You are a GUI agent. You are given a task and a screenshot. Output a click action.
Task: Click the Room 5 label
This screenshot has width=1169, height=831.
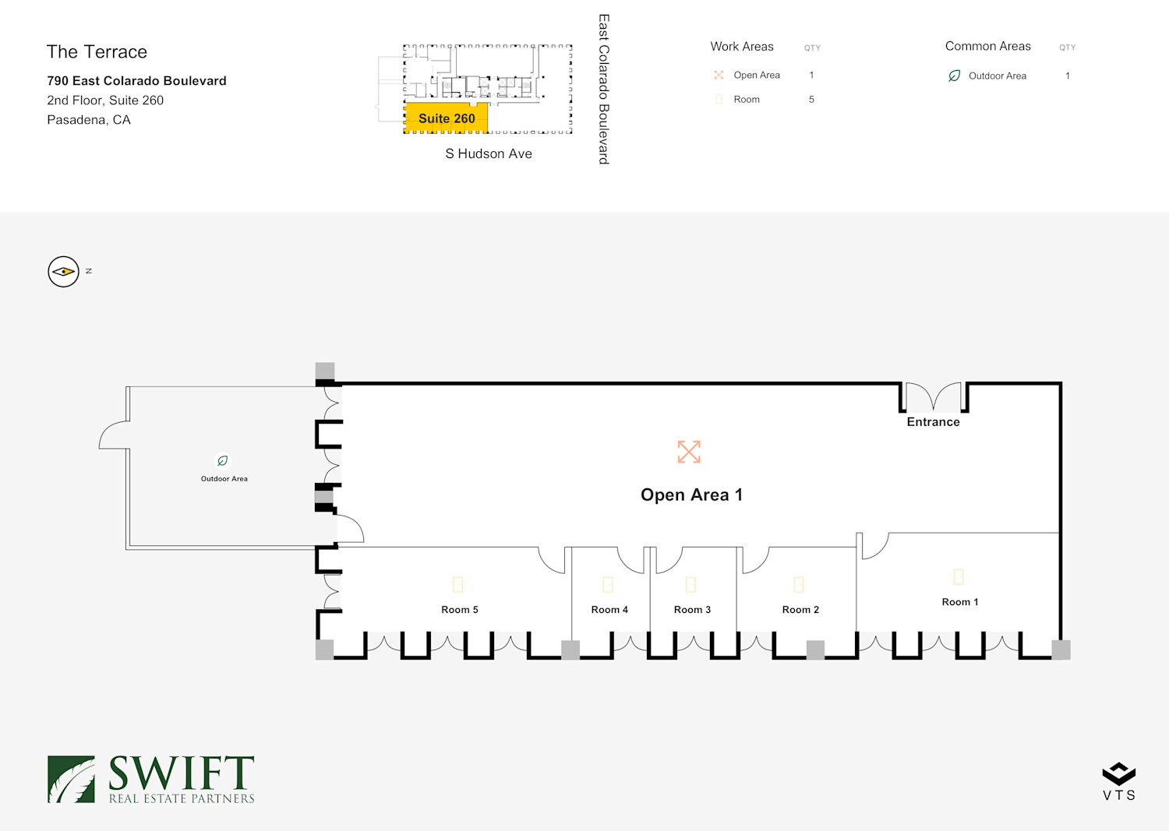pos(459,609)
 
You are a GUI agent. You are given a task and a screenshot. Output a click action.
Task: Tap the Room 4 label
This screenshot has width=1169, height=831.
pos(609,609)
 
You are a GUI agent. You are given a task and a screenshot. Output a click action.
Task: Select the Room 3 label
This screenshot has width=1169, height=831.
pos(692,609)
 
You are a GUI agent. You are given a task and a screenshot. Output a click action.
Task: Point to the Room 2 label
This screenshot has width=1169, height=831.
pos(800,609)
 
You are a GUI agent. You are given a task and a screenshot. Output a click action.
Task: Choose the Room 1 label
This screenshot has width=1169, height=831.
pos(959,601)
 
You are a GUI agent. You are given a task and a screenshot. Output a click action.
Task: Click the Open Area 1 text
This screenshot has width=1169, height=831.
pos(691,495)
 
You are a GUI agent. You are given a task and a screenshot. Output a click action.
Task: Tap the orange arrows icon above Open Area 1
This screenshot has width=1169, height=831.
pos(689,452)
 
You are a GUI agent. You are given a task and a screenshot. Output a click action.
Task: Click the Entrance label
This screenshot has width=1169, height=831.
pos(933,421)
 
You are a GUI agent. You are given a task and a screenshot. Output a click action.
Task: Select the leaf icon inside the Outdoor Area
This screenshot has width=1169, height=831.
pos(222,460)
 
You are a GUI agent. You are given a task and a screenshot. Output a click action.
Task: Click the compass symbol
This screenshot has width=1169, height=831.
pos(63,271)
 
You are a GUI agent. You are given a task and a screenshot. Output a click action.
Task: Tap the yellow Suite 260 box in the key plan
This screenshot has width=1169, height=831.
pos(447,118)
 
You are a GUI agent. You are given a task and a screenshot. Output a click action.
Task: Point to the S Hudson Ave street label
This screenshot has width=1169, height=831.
pos(489,153)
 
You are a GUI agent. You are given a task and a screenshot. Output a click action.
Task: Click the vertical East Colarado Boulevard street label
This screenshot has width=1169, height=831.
pos(603,90)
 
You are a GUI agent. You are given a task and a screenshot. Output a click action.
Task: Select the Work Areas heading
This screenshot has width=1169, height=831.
pos(742,47)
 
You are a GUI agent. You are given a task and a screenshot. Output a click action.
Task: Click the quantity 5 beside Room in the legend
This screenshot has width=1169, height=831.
pos(811,99)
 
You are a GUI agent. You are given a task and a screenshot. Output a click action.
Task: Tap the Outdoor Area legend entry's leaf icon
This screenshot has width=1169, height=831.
pos(954,76)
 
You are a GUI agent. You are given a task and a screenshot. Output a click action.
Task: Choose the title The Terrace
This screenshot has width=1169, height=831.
pos(97,51)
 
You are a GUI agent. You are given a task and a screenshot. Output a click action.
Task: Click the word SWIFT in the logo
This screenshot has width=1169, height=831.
pos(181,773)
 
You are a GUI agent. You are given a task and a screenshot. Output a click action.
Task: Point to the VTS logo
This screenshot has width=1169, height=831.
pos(1119,781)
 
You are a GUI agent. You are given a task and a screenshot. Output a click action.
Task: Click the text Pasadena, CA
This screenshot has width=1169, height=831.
pos(89,120)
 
